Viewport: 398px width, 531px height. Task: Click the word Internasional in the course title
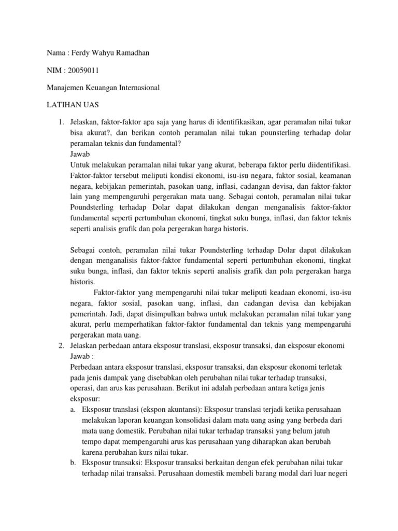point(136,88)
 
